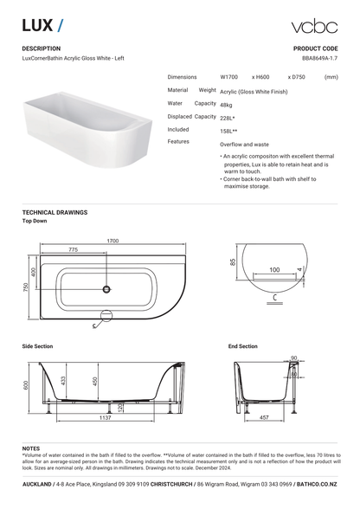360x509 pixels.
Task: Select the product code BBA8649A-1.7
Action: pos(319,59)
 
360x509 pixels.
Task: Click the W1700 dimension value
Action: pos(230,77)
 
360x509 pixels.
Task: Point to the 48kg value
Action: pos(227,104)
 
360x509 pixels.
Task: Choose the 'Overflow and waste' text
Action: pos(244,144)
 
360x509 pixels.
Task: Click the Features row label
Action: pos(178,141)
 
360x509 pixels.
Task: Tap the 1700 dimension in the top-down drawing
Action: pos(112,241)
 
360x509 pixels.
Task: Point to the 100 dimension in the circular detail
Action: pos(273,271)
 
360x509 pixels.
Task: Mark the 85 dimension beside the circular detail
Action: pos(234,262)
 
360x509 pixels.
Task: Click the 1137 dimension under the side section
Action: pos(105,418)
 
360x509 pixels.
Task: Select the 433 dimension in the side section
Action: pos(65,380)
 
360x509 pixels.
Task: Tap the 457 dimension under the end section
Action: pos(263,418)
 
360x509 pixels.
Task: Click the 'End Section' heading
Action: pos(242,346)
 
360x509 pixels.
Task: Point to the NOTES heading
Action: pos(31,448)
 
